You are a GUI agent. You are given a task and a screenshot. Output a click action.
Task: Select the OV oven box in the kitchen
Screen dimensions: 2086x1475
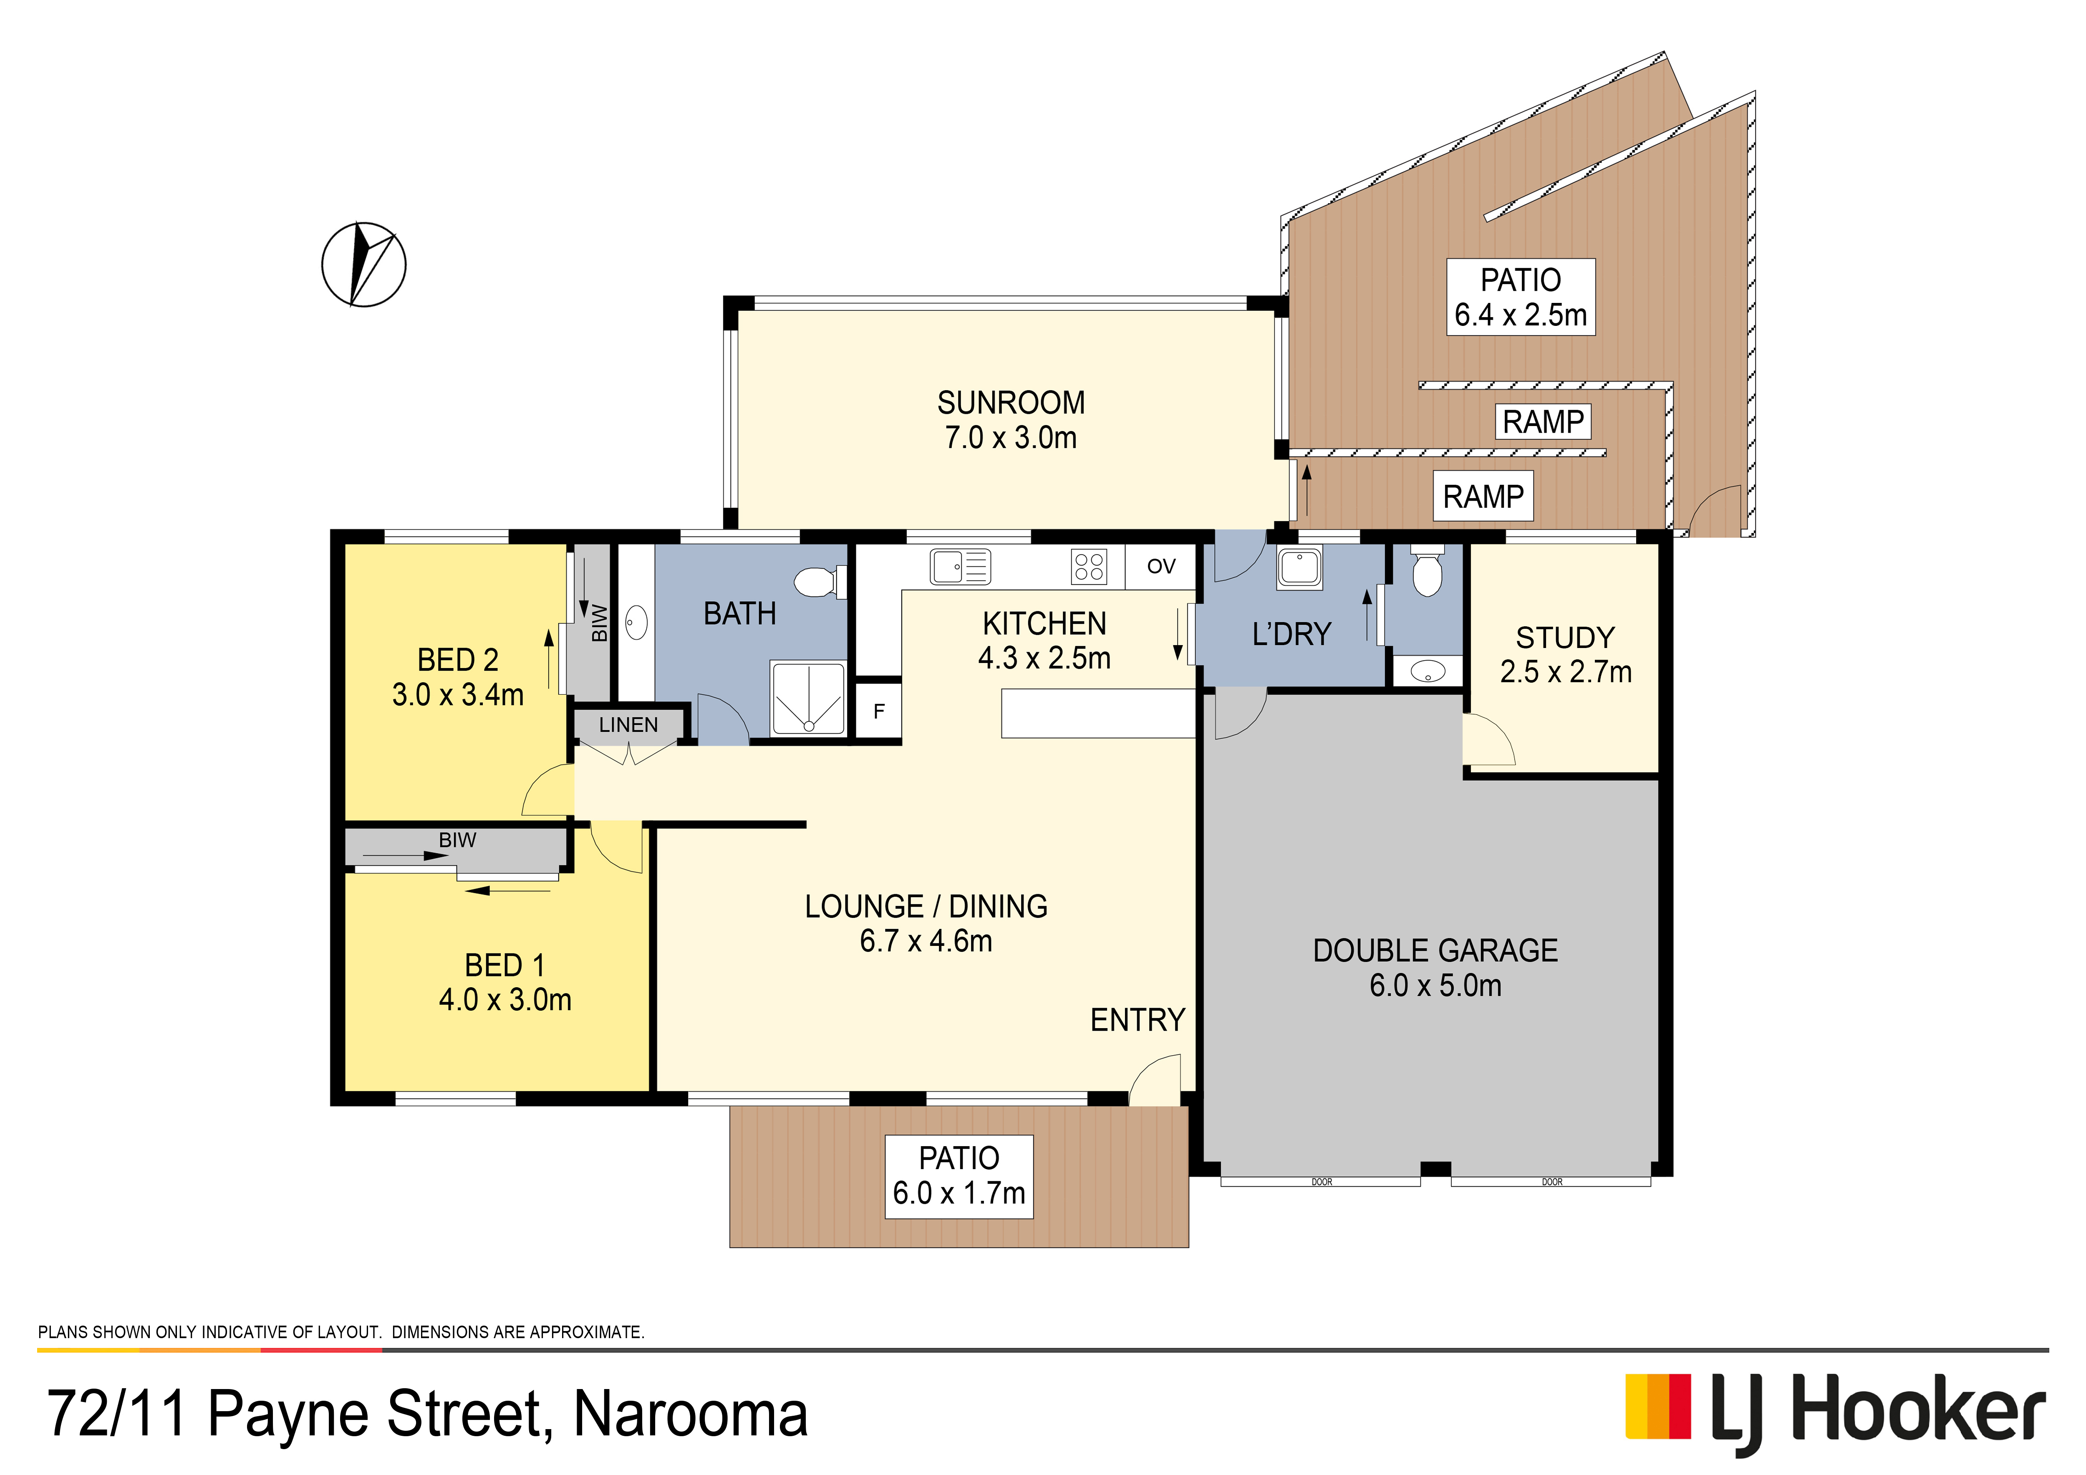(x=1161, y=567)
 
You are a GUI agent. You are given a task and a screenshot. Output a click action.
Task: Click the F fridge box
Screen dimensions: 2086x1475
(x=878, y=710)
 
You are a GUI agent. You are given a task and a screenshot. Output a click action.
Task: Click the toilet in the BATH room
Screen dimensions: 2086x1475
(x=820, y=581)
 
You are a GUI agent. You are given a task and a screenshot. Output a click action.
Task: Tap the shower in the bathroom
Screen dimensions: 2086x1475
(x=808, y=698)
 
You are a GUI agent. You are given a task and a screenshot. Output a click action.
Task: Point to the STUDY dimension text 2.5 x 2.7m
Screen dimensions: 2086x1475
(x=1565, y=672)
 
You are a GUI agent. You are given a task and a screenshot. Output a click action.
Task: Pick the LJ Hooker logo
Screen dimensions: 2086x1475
(x=1835, y=1413)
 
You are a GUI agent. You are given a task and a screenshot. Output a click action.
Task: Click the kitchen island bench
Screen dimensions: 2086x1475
(x=1097, y=713)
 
